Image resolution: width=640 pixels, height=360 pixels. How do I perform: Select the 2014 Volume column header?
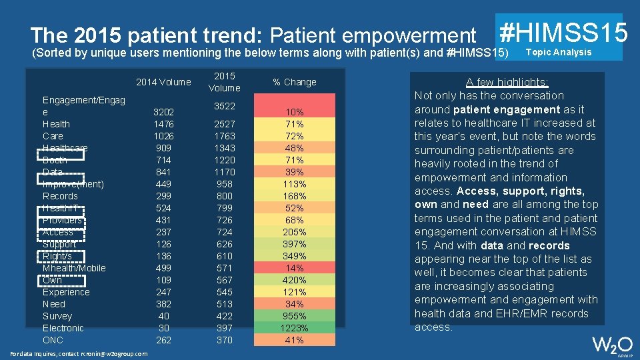[163, 82]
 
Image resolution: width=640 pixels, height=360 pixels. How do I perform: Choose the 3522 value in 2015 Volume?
[225, 106]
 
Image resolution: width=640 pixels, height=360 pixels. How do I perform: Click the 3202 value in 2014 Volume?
[163, 112]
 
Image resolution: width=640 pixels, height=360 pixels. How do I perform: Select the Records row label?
[60, 196]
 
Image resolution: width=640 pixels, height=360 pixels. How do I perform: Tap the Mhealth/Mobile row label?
[74, 268]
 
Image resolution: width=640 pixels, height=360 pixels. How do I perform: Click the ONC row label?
[53, 340]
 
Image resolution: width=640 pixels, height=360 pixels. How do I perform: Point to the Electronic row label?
[63, 328]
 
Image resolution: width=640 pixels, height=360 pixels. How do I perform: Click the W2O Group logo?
[613, 346]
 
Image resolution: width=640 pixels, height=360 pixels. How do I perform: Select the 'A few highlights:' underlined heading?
[507, 82]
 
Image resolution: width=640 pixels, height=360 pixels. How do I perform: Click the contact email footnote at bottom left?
[80, 353]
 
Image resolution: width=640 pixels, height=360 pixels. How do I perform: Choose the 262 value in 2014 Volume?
[163, 340]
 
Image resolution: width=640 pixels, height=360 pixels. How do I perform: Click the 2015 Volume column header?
[225, 82]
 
